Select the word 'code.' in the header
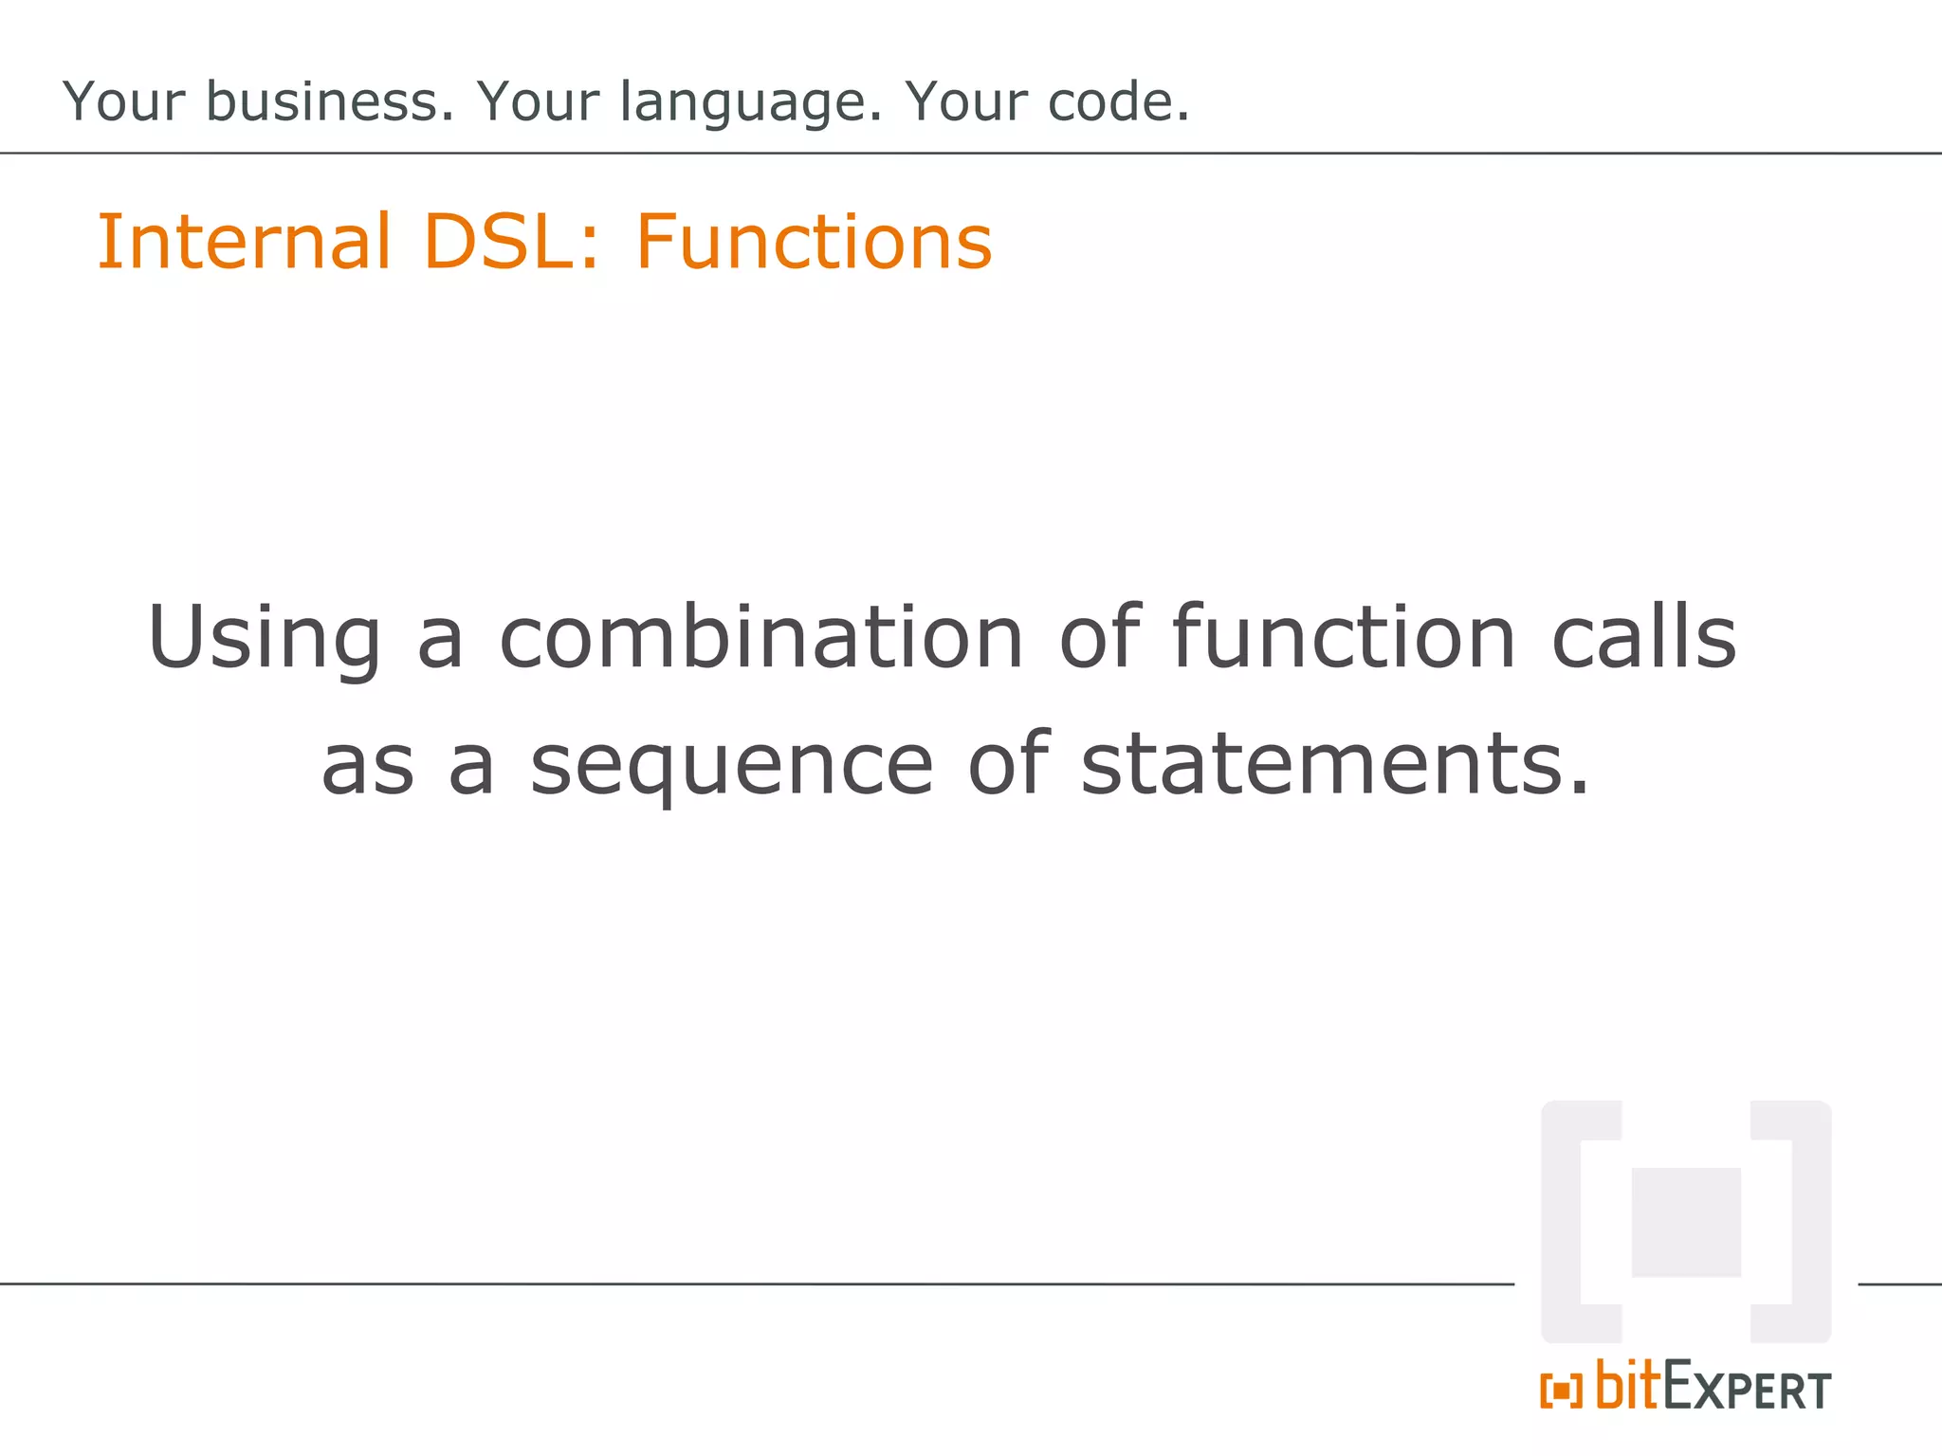tap(1119, 101)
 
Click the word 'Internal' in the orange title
tap(244, 243)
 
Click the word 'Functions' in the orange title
tap(814, 243)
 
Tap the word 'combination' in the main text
tap(761, 637)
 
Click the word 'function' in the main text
tap(1344, 637)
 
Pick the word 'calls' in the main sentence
tap(1643, 637)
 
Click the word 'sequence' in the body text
tap(731, 766)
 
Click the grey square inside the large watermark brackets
tap(1686, 1222)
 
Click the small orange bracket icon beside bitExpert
tap(1561, 1392)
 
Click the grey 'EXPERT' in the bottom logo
tap(1747, 1389)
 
